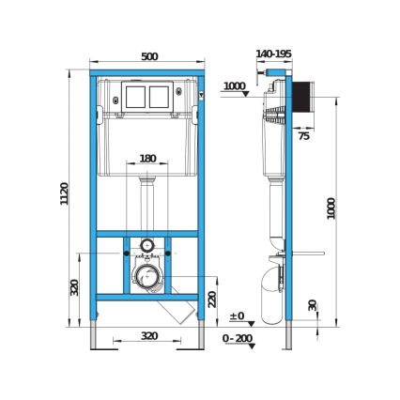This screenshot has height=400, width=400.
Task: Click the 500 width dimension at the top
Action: click(x=148, y=57)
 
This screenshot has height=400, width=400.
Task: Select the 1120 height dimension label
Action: click(x=65, y=194)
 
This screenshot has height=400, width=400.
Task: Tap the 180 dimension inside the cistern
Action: click(x=147, y=159)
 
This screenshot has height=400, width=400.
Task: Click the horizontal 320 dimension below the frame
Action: click(x=148, y=334)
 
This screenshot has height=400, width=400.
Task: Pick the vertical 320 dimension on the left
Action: click(x=75, y=287)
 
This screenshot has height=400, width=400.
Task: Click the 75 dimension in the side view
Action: click(x=303, y=136)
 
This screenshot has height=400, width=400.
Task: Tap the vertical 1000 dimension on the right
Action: click(x=331, y=208)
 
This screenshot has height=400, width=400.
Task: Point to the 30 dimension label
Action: click(x=312, y=305)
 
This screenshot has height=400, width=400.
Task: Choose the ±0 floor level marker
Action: click(x=237, y=316)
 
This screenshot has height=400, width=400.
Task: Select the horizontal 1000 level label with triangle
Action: click(x=235, y=86)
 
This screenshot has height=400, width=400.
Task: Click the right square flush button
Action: click(x=159, y=96)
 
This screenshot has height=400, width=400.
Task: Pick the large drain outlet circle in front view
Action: click(x=146, y=277)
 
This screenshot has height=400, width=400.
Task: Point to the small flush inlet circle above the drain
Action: click(x=146, y=247)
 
